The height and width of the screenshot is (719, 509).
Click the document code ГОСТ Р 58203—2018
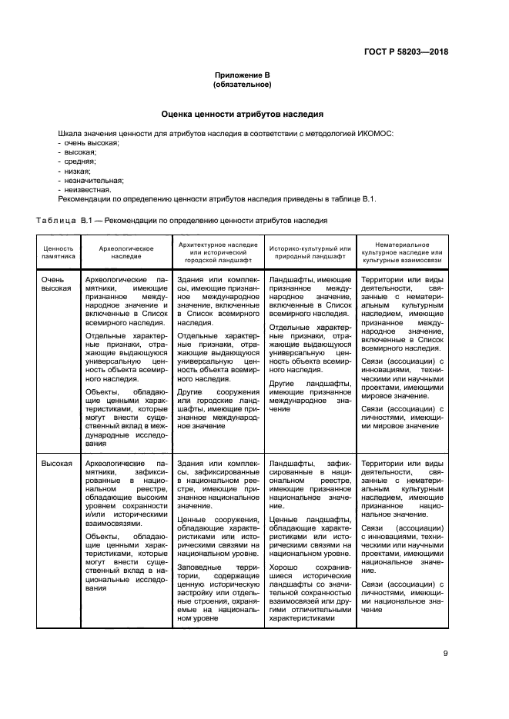coord(406,52)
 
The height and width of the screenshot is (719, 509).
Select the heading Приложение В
coord(242,75)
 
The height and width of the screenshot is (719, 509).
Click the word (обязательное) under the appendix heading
coord(242,85)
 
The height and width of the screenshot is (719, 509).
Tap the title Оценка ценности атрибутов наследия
coord(242,114)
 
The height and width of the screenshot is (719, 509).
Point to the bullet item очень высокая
coord(91,143)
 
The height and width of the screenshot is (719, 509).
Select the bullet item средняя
coord(79,161)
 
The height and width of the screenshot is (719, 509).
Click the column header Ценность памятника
coord(59,254)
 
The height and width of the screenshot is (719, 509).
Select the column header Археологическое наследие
coord(126,254)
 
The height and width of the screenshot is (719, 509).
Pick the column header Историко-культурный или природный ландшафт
coord(310,254)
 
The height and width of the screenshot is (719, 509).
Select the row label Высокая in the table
coord(57,464)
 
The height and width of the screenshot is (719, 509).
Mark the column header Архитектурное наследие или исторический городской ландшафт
coord(217,253)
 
